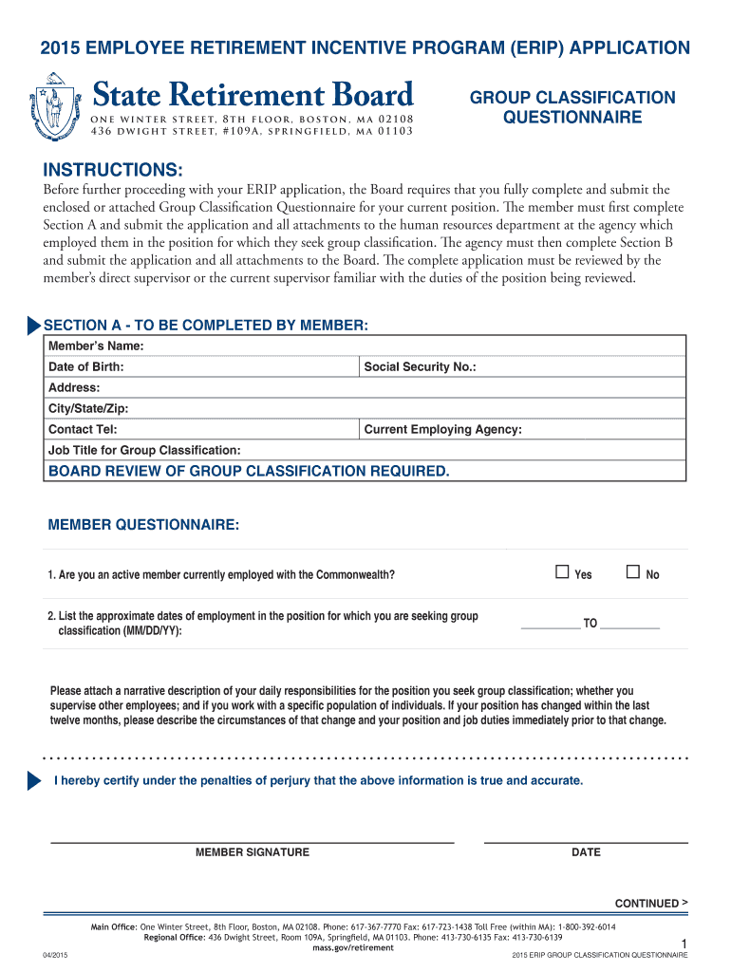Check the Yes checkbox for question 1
coord(562,572)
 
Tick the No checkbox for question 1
coord(633,572)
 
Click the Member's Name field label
coord(96,346)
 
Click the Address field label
coord(74,387)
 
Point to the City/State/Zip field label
coord(88,408)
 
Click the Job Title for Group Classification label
coord(144,450)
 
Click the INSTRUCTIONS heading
coord(113,170)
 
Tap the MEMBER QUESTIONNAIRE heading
coord(143,525)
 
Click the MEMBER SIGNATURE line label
coord(252,852)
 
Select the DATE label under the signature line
coord(586,852)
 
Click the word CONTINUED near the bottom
coord(647,904)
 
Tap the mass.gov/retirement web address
coord(353,947)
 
